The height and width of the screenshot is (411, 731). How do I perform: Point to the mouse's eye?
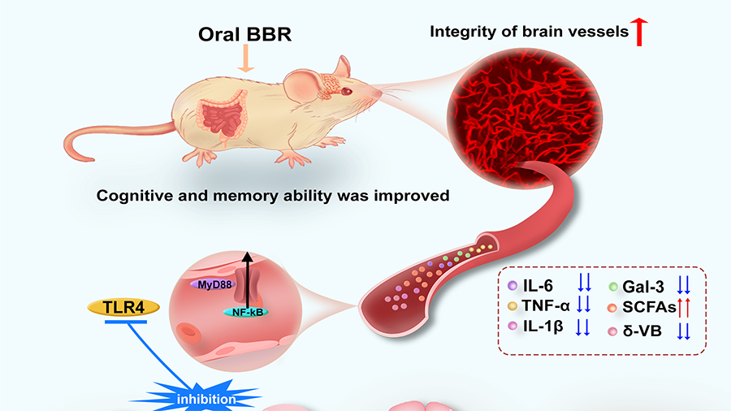click(x=345, y=91)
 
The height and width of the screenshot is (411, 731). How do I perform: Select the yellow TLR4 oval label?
click(x=124, y=308)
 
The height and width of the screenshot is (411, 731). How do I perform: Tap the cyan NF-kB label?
click(x=249, y=310)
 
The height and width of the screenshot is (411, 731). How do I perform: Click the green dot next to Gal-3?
click(x=615, y=285)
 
